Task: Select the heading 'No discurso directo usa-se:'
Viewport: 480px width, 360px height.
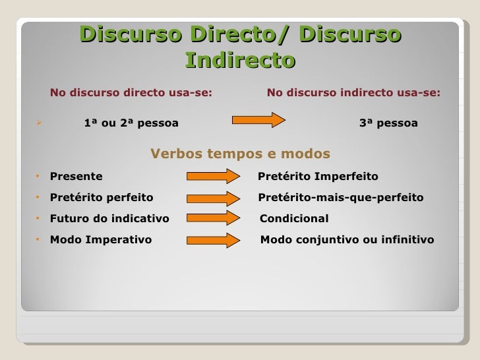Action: pos(131,93)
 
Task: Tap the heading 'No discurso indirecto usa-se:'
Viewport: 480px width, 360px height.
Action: pos(353,93)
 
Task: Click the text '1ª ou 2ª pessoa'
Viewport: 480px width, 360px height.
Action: pos(131,123)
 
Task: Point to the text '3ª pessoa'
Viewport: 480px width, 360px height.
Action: pos(388,123)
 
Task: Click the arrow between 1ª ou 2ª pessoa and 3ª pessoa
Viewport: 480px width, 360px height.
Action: pos(258,120)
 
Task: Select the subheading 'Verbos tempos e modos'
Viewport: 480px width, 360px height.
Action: pos(240,154)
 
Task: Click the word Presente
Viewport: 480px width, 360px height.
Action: pos(76,177)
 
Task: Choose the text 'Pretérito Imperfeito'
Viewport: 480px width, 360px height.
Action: pos(318,177)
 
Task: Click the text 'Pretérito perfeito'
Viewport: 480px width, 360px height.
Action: pos(102,198)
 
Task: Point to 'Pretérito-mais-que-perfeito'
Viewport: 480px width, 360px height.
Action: pos(341,198)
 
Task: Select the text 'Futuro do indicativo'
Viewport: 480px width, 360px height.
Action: pos(109,219)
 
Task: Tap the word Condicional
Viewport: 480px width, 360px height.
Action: pos(294,219)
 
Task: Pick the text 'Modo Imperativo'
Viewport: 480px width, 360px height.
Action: pos(101,240)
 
